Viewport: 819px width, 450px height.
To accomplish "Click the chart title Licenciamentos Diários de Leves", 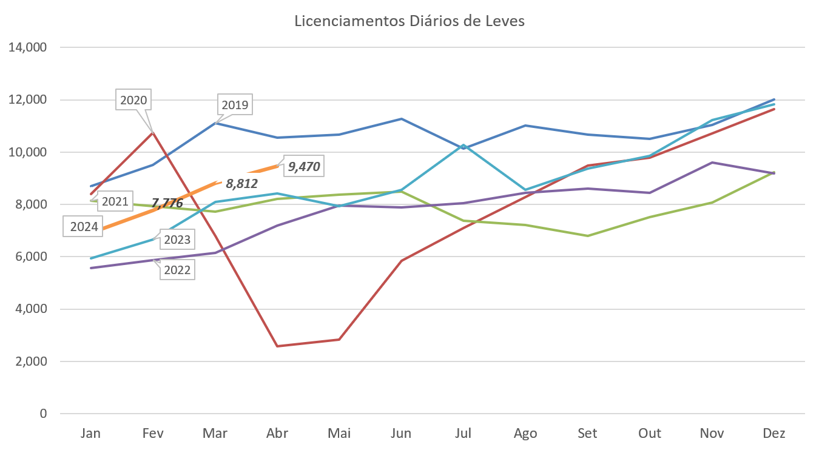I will point(409,21).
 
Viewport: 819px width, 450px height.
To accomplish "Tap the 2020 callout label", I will point(133,100).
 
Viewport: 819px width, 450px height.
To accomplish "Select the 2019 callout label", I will point(235,106).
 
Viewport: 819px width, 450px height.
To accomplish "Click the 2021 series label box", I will point(113,201).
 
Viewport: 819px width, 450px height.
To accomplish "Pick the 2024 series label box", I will point(84,227).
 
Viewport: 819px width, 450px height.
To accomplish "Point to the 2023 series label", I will point(177,240).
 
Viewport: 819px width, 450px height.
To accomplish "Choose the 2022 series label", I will point(177,270).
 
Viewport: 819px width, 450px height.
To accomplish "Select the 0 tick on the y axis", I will point(43,414).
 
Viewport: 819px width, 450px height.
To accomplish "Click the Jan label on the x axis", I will point(91,434).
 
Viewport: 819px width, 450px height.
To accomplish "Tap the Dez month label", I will point(774,434).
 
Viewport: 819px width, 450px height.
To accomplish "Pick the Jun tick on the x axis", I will point(401,434).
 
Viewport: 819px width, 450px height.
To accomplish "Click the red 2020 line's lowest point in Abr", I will point(277,346).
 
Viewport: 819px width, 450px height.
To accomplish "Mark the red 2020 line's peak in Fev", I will point(153,132).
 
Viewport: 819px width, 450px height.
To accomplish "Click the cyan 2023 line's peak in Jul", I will point(463,145).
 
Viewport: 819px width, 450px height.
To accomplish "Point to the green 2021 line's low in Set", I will point(587,235).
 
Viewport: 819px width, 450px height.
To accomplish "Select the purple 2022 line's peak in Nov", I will point(712,163).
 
